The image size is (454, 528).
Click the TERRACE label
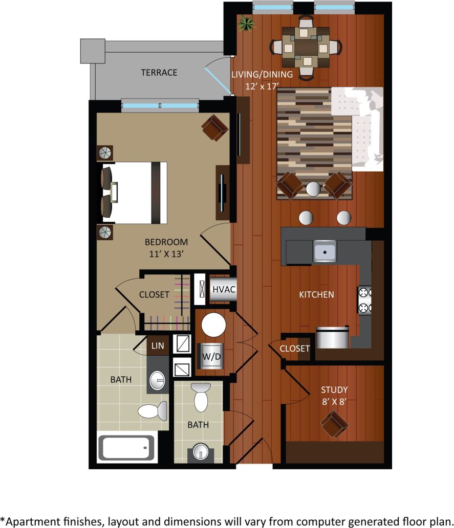pyautogui.click(x=159, y=73)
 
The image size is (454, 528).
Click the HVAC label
pyautogui.click(x=224, y=290)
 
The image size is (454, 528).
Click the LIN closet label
pyautogui.click(x=158, y=346)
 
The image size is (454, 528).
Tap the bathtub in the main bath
pyautogui.click(x=126, y=447)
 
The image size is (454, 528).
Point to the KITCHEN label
pyautogui.click(x=316, y=294)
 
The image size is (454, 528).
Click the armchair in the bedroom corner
pyautogui.click(x=215, y=127)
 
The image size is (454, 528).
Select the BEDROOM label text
pyautogui.click(x=166, y=242)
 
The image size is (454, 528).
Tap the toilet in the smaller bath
pyautogui.click(x=201, y=398)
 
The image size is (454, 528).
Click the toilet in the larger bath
pyautogui.click(x=154, y=410)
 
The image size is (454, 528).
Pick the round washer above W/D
pyautogui.click(x=213, y=324)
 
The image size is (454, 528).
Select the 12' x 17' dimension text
pyautogui.click(x=262, y=86)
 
